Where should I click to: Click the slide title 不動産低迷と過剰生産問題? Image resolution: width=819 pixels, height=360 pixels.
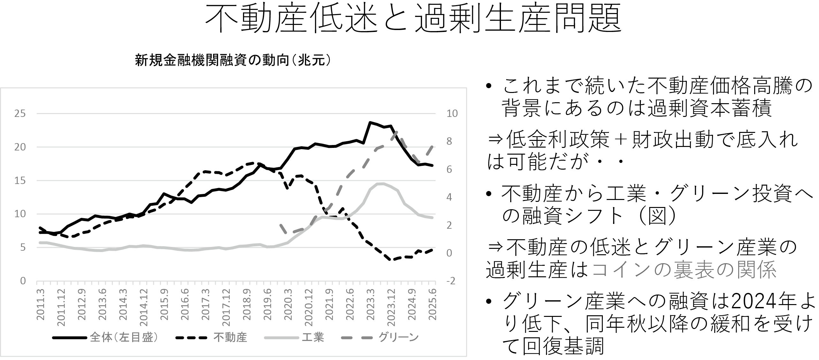(413, 19)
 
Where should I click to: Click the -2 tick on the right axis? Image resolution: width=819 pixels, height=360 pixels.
(451, 281)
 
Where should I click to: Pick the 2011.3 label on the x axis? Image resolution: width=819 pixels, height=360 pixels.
(41, 304)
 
